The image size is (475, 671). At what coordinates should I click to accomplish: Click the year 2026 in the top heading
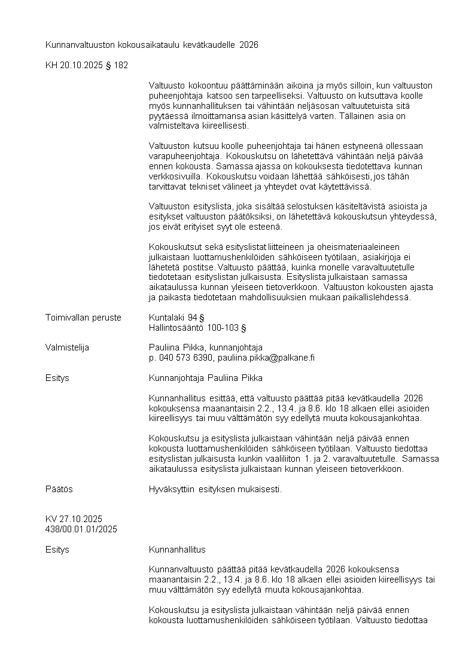[x=248, y=45]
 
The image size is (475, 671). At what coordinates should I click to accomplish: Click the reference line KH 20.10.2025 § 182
[x=86, y=65]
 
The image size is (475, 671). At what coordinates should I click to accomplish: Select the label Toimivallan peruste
[x=83, y=318]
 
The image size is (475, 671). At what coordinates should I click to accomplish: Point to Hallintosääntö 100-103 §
[x=197, y=328]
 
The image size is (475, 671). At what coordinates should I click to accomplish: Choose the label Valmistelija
[x=67, y=347]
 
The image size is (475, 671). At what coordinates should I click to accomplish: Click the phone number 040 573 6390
[x=185, y=358]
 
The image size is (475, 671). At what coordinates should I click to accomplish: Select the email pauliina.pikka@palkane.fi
[x=266, y=358]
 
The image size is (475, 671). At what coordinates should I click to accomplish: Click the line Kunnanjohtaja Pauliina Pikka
[x=205, y=378]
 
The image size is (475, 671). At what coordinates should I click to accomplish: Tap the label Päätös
[x=59, y=489]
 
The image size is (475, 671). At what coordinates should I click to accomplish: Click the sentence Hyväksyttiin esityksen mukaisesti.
[x=215, y=489]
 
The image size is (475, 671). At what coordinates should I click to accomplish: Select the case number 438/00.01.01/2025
[x=81, y=529]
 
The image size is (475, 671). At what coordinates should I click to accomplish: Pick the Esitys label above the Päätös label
[x=57, y=378]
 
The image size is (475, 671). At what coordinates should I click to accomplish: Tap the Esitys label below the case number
[x=57, y=549]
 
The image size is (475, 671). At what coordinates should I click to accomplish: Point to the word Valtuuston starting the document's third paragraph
[x=170, y=206]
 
